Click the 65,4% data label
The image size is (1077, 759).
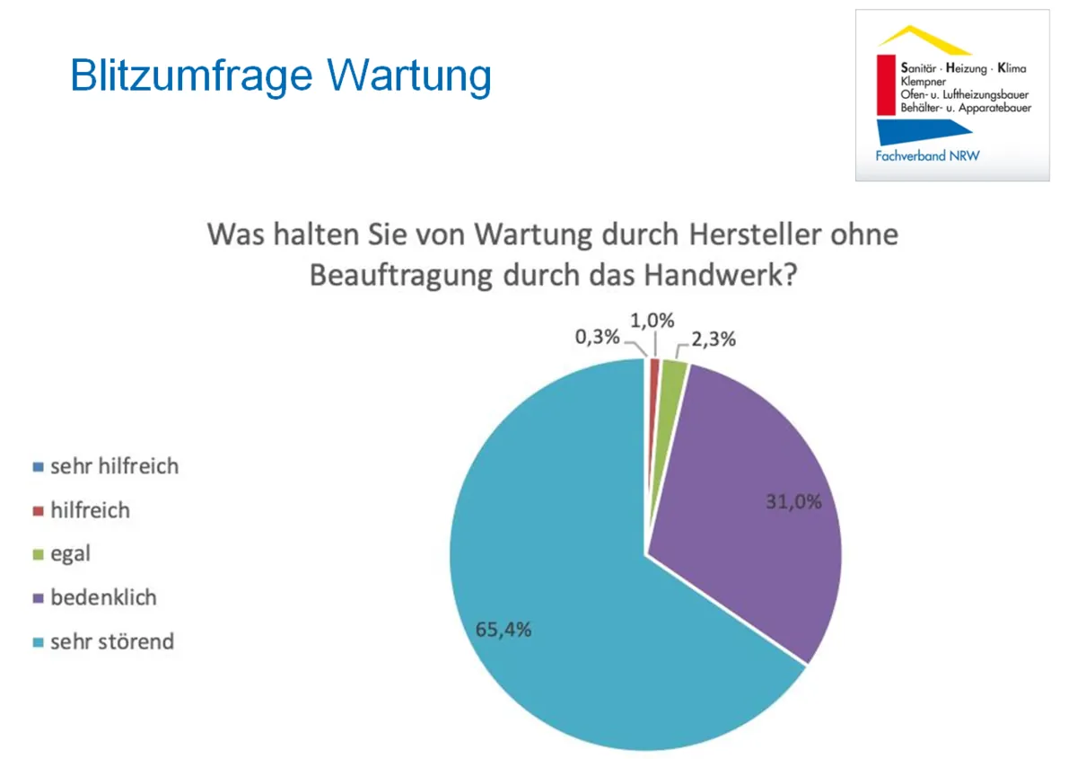tap(503, 629)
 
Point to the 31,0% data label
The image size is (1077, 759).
tap(792, 502)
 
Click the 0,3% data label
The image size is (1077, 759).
tap(598, 338)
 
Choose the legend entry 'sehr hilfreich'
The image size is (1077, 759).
tap(114, 466)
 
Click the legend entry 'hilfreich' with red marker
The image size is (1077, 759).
tap(90, 510)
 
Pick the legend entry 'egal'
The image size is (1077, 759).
tap(70, 554)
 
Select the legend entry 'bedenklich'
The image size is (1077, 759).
tap(103, 597)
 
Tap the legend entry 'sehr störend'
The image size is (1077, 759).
tap(112, 641)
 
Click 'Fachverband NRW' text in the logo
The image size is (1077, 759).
tap(927, 155)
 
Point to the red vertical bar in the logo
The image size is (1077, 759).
tap(884, 85)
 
